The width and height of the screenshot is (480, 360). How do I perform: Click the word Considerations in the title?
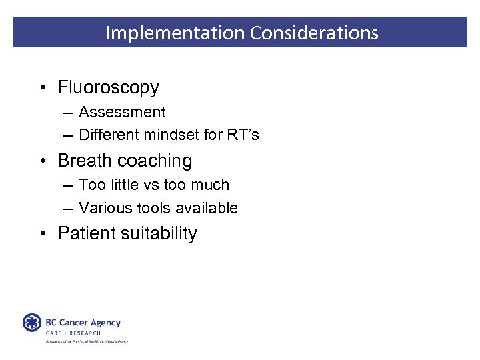[x=314, y=33]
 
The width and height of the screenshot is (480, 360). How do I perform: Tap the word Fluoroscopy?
[x=108, y=87]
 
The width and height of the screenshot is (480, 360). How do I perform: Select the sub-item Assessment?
[x=122, y=112]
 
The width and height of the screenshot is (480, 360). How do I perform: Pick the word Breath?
[x=83, y=161]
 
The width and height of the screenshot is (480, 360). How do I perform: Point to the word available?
[x=204, y=208]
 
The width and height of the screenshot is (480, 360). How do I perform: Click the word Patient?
[x=85, y=233]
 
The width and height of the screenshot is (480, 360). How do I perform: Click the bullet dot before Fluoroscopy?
[x=42, y=88]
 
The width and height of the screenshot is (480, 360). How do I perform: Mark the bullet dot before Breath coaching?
[x=42, y=161]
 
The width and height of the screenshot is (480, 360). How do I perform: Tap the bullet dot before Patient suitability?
[x=42, y=234]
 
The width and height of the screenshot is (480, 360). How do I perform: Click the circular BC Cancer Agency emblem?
[x=32, y=323]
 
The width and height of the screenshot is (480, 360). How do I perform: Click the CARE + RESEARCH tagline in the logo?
[x=73, y=333]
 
